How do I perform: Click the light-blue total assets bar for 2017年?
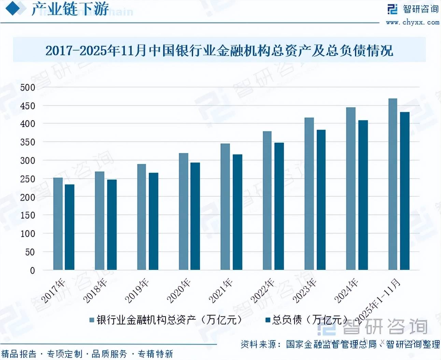pyautogui.click(x=58, y=224)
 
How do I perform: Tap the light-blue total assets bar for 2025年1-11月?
pyautogui.click(x=393, y=184)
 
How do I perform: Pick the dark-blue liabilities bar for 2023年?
pyautogui.click(x=321, y=200)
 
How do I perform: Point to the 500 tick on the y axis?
pyautogui.click(x=28, y=87)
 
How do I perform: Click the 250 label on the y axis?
pyautogui.click(x=28, y=179)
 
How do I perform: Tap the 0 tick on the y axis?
pyautogui.click(x=32, y=271)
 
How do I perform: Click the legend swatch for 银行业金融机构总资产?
pyautogui.click(x=92, y=320)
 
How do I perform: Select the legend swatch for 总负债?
pyautogui.click(x=268, y=320)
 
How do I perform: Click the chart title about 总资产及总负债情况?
pyautogui.click(x=219, y=51)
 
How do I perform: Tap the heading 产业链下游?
pyautogui.click(x=70, y=9)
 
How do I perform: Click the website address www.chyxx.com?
pyautogui.click(x=412, y=23)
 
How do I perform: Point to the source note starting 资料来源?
pyautogui.click(x=340, y=344)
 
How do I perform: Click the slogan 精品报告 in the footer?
pyautogui.click(x=19, y=354)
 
